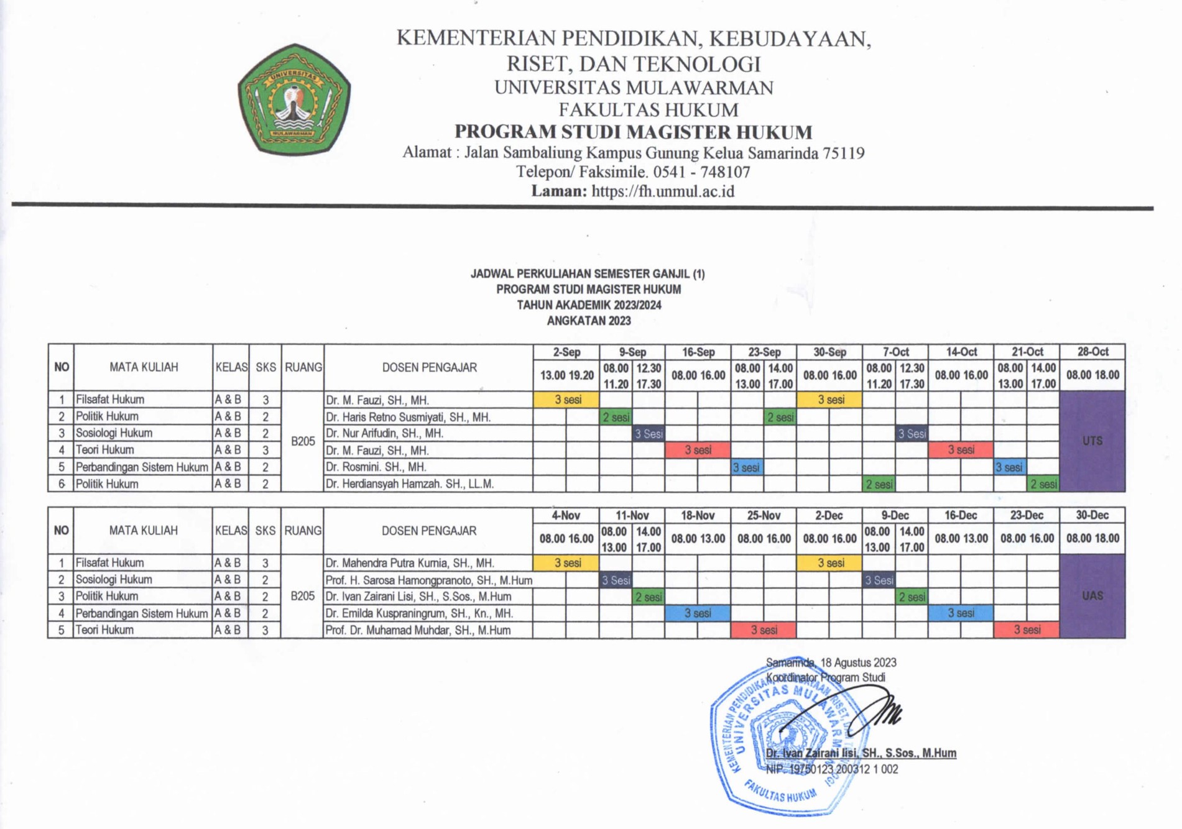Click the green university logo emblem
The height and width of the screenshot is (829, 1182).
(294, 99)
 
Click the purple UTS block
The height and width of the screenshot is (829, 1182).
(1092, 441)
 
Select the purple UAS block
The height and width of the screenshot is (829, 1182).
(1092, 596)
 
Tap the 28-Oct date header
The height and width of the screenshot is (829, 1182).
(1092, 352)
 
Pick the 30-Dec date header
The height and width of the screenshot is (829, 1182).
(1092, 515)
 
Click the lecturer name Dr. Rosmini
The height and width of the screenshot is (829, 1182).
(376, 467)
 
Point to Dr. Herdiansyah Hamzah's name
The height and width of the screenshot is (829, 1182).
(410, 483)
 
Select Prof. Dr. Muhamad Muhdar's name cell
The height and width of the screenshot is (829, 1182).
(418, 630)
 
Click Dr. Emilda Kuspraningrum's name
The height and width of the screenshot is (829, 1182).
(419, 613)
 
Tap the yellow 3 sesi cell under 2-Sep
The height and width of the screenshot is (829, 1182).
(567, 400)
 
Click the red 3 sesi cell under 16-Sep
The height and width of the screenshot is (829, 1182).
(698, 450)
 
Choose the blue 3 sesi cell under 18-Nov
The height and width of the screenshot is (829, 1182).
(698, 613)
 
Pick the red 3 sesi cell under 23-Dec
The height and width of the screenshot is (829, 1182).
(1027, 630)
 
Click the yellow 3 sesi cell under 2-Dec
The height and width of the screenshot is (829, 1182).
(830, 563)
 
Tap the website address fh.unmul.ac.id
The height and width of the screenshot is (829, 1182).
(663, 191)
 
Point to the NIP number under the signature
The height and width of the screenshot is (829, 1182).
(832, 769)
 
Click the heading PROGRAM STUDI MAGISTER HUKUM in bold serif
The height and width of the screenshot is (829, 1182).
(633, 132)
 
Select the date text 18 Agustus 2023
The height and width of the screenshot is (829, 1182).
(858, 663)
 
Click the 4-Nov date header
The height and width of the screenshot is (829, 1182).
(566, 515)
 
